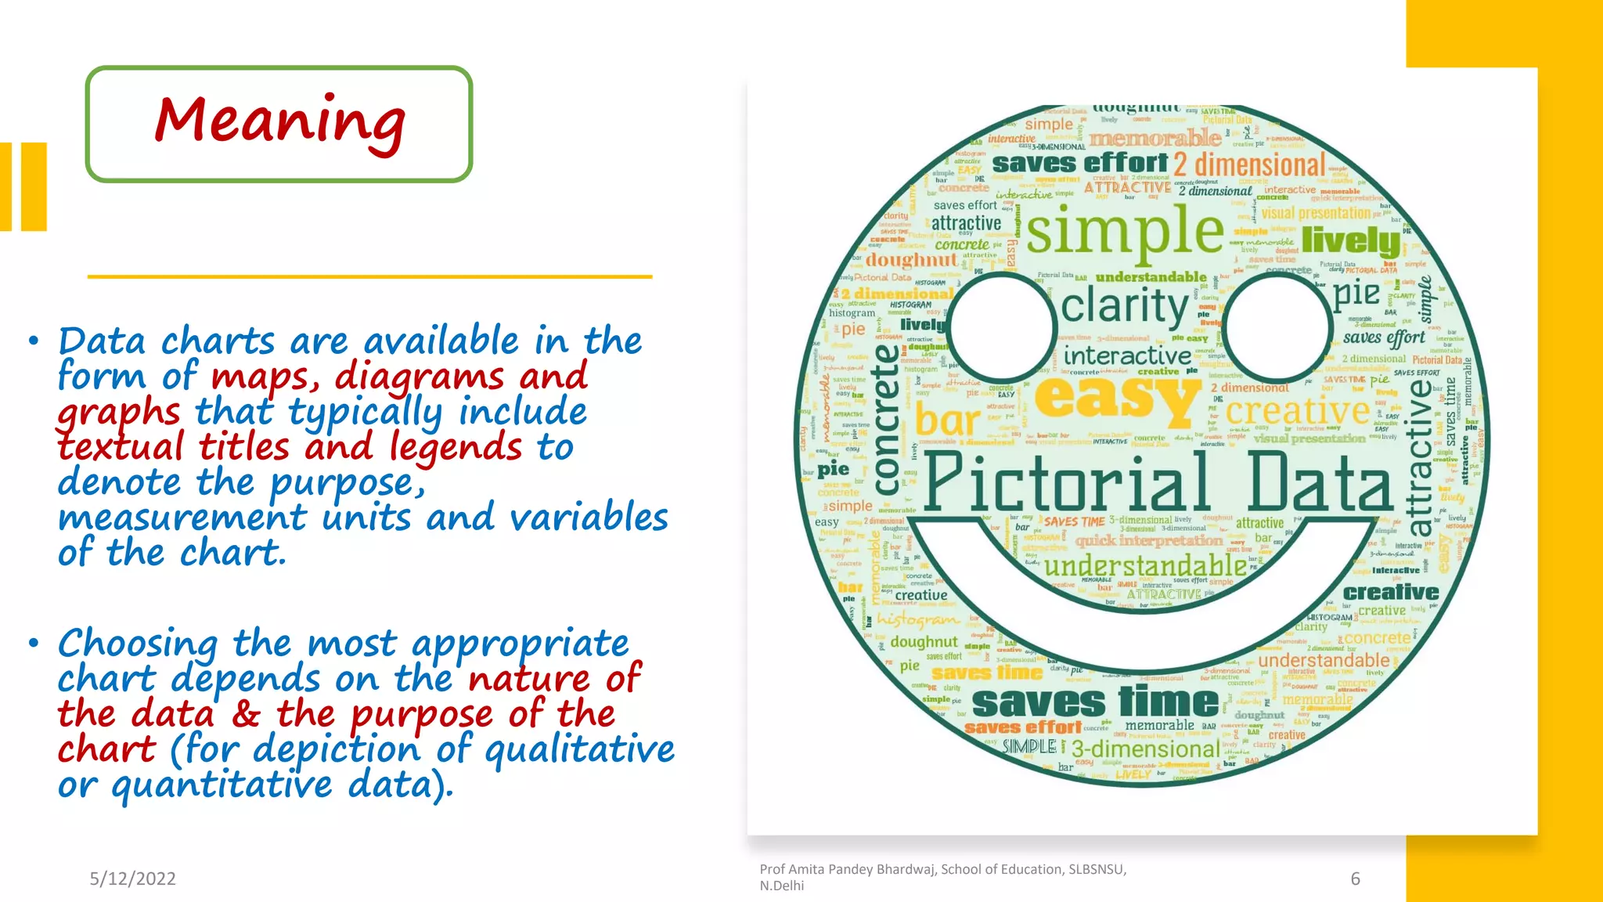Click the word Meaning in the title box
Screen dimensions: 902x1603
[279, 121]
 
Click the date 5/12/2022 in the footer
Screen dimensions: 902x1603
[132, 879]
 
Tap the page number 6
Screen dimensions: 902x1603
[1355, 879]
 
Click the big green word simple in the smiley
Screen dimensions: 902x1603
[1125, 232]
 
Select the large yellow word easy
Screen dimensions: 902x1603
[1117, 398]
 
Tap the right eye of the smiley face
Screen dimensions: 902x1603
[1277, 325]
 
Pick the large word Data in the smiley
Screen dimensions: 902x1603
[1320, 482]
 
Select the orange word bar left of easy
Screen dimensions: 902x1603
[947, 420]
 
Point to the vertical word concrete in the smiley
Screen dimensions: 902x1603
[886, 419]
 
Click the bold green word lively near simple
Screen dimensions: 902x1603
[1350, 240]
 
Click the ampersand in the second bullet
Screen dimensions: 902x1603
[245, 714]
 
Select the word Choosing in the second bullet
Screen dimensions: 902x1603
[138, 644]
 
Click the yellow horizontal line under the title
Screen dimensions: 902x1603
[369, 276]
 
